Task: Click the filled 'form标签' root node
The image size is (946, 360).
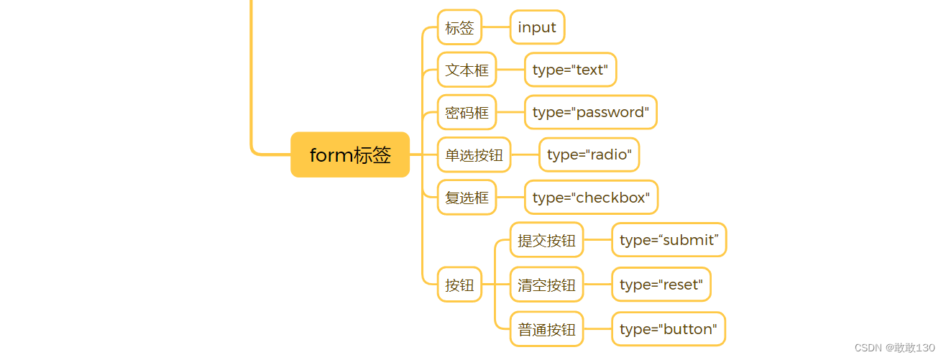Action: coord(350,154)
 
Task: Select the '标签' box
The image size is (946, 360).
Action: coord(459,27)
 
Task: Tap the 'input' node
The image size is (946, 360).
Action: coord(537,27)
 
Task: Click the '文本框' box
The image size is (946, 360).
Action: coord(467,70)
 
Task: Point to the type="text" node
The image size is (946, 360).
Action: coord(570,70)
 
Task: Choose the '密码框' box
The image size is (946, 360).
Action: coord(467,112)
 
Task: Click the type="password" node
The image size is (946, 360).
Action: coord(590,112)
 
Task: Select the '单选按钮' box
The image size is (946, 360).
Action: coord(474,155)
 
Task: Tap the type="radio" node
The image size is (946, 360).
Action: coord(589,155)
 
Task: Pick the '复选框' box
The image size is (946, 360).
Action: coord(467,198)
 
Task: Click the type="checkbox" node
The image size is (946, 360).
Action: coord(591,198)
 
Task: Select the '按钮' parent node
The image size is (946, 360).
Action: coord(459,285)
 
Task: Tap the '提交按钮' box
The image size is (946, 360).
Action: coord(546,240)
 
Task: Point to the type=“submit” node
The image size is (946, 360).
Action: coord(669,240)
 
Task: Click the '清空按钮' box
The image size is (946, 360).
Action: coord(546,285)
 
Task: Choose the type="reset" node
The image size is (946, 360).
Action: coord(661,285)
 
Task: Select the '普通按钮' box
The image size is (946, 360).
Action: coord(546,329)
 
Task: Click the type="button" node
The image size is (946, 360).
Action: coord(669,329)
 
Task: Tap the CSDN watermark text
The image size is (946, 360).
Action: coord(894,347)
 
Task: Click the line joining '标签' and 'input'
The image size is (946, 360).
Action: coord(496,27)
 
